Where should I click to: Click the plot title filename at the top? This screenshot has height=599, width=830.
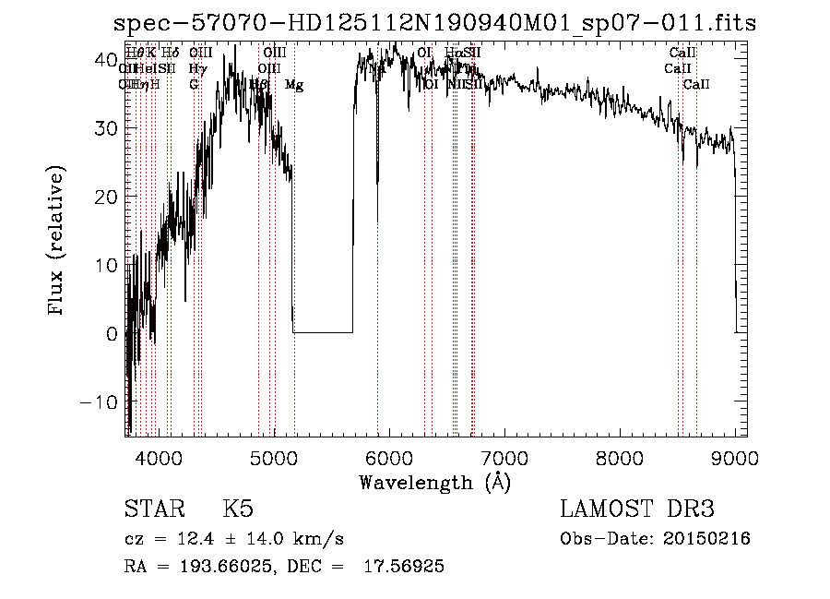click(x=433, y=22)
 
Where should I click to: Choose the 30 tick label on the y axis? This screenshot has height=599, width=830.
click(x=107, y=128)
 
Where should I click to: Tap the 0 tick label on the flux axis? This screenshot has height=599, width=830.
click(x=113, y=333)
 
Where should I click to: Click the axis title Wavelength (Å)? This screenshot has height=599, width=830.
click(x=434, y=482)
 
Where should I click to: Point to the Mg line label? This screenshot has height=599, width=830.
click(x=294, y=85)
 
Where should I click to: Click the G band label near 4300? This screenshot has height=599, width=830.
click(x=194, y=85)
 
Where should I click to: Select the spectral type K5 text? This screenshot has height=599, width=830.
click(x=238, y=509)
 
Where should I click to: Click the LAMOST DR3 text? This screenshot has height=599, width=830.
click(x=637, y=509)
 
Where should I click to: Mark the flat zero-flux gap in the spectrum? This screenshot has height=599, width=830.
click(x=323, y=331)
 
